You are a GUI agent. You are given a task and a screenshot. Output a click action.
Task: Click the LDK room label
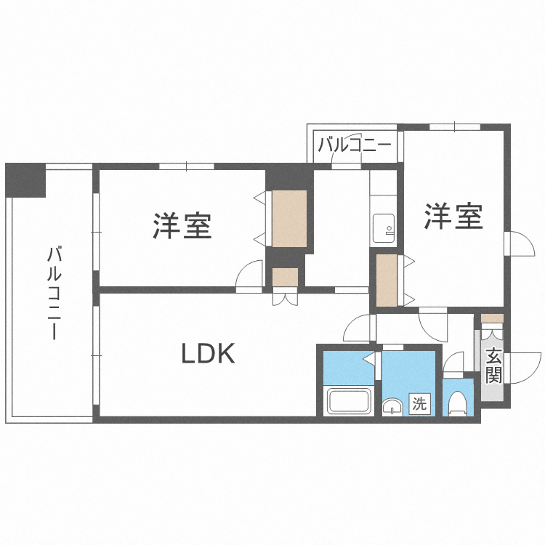pyautogui.click(x=207, y=354)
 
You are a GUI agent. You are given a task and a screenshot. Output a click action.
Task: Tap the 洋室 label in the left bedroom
pyautogui.click(x=182, y=225)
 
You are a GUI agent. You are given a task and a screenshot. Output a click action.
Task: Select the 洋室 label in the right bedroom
pyautogui.click(x=454, y=217)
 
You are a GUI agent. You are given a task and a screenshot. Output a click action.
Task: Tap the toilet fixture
pyautogui.click(x=458, y=403)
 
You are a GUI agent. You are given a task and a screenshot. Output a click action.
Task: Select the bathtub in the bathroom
pyautogui.click(x=350, y=401)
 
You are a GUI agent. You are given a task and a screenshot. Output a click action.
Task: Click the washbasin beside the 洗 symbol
pyautogui.click(x=393, y=406)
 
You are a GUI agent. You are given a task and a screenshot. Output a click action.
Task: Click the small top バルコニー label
pyautogui.click(x=355, y=144)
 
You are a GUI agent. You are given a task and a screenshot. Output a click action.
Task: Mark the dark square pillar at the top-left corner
pyautogui.click(x=25, y=180)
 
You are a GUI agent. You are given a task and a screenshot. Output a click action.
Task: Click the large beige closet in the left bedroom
pyautogui.click(x=290, y=218)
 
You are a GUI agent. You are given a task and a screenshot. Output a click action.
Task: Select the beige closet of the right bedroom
pyautogui.click(x=387, y=280)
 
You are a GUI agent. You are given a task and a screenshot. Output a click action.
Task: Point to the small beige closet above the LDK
pyautogui.click(x=285, y=278)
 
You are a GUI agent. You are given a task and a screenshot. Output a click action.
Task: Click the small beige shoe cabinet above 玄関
pyautogui.click(x=491, y=318)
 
